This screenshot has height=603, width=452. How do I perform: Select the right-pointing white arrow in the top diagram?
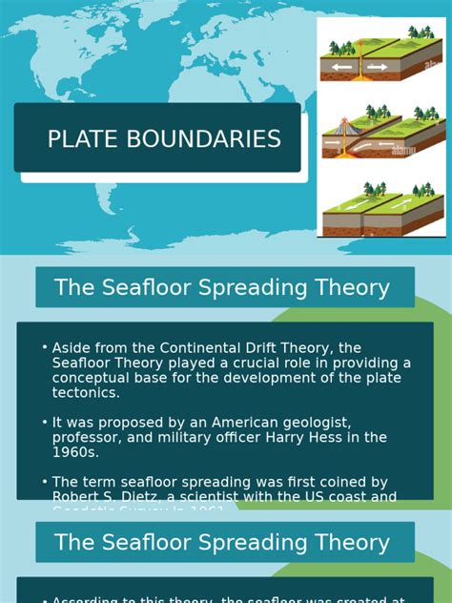coord(378,67)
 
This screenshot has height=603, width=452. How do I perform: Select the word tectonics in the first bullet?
coord(87,392)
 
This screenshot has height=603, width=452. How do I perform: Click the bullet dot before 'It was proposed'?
coord(45,422)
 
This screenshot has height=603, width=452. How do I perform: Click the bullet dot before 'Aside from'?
coord(45,347)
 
